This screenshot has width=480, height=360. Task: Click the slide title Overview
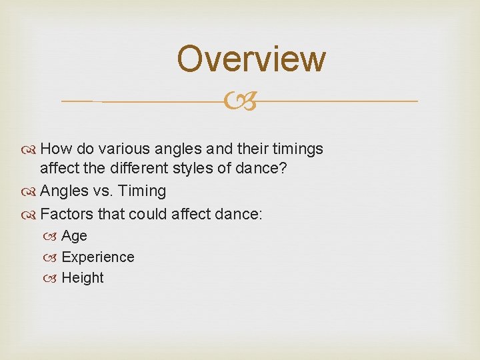click(251, 59)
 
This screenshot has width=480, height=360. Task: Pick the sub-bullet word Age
click(74, 236)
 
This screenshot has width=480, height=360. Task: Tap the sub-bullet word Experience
click(97, 257)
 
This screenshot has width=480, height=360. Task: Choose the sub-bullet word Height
click(83, 278)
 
